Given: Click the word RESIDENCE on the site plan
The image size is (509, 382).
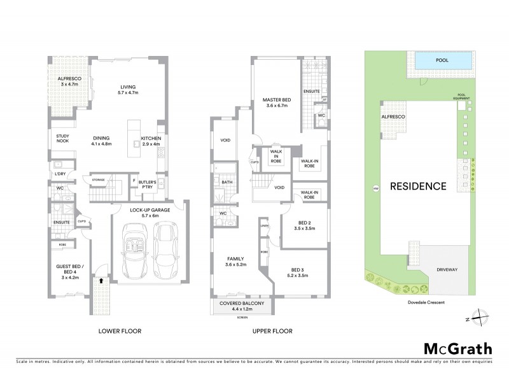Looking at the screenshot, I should [418, 187].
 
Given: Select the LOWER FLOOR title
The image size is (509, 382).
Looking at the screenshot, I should [120, 331].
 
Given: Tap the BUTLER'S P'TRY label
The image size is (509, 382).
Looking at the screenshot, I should [148, 185].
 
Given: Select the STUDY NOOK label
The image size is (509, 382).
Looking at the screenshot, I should [62, 138].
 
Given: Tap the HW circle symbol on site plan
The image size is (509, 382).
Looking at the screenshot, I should [375, 188].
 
